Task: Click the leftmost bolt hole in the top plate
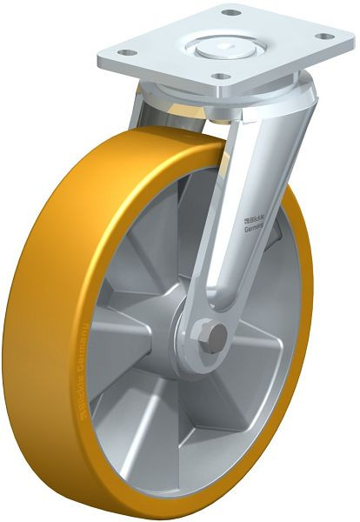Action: click(x=123, y=53)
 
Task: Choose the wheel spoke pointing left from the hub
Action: click(x=130, y=304)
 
